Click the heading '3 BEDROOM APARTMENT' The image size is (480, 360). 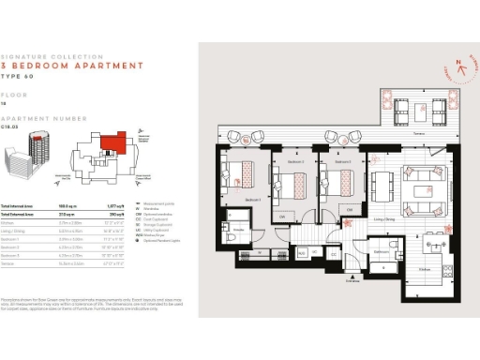(72, 67)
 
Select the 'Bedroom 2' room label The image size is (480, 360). (284, 162)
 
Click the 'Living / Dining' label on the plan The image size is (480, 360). (382, 219)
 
